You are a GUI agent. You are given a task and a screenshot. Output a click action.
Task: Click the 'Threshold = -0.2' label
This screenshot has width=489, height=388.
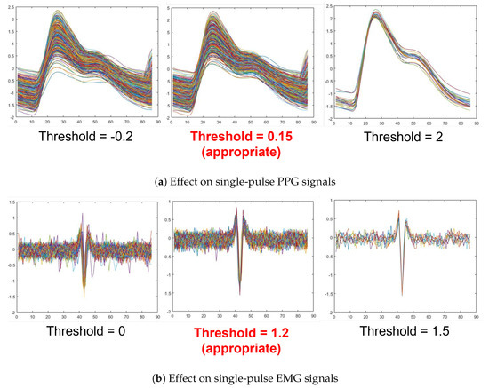pyautogui.click(x=86, y=140)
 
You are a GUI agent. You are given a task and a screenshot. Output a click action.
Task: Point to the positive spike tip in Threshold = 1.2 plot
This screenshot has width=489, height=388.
pyautogui.click(x=237, y=208)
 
